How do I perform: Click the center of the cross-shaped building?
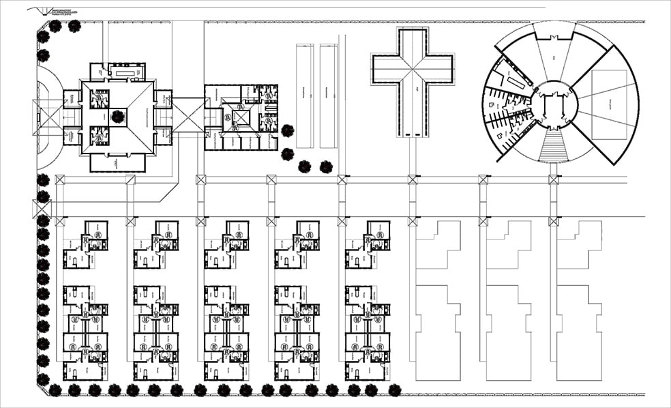click(x=413, y=69)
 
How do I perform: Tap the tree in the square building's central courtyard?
click(x=117, y=117)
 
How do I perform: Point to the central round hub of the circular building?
click(x=554, y=105)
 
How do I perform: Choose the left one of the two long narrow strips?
click(x=304, y=96)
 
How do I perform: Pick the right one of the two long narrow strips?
click(x=328, y=96)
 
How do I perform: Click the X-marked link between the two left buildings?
click(x=188, y=115)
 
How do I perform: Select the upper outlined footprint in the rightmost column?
click(x=579, y=245)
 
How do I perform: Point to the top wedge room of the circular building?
click(x=554, y=54)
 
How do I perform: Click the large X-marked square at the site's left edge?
click(x=42, y=209)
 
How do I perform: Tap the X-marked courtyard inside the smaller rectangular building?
click(x=241, y=117)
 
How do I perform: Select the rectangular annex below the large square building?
click(x=117, y=162)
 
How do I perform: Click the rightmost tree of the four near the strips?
click(x=326, y=166)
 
